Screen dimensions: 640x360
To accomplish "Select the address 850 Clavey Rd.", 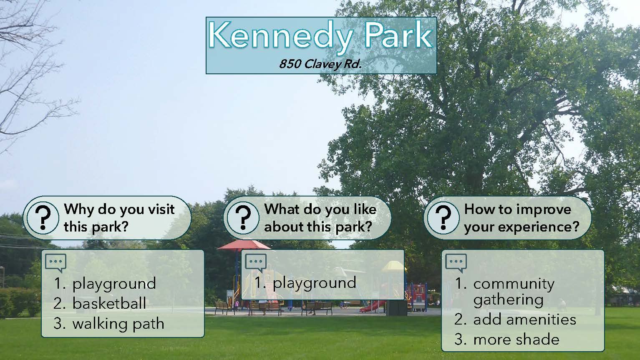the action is click(320, 64).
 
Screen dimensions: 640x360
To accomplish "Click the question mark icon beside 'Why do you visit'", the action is click(43, 218).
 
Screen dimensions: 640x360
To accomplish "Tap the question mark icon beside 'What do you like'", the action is click(243, 218).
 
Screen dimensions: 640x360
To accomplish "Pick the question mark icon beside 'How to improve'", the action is click(443, 218).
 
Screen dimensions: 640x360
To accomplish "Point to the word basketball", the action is click(109, 303).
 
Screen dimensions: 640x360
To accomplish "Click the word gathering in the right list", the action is click(508, 301).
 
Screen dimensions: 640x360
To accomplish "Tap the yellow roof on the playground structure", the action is click(394, 266).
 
